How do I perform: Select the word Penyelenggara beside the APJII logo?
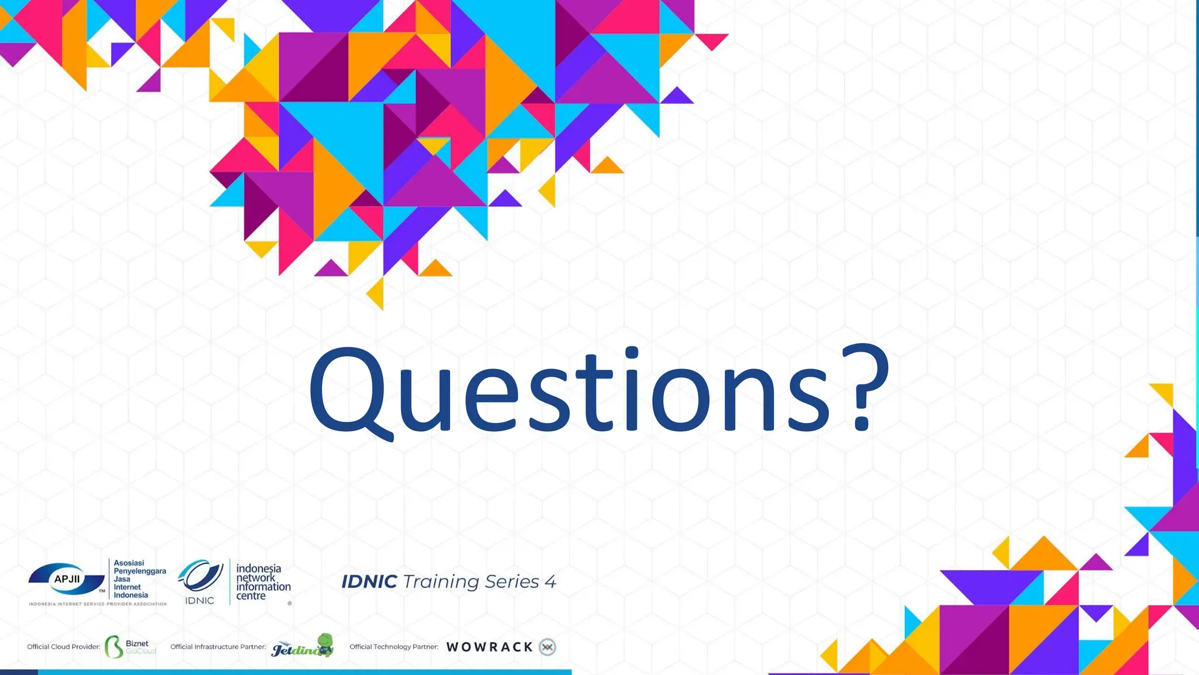[140, 571]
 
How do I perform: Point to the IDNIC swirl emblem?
[200, 575]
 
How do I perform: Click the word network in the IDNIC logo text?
[256, 578]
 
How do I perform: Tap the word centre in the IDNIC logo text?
[251, 596]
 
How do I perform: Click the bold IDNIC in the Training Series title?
[369, 581]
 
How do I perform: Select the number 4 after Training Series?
[550, 581]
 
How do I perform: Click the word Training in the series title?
[441, 581]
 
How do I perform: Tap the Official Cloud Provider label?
[63, 647]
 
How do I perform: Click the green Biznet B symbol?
[113, 647]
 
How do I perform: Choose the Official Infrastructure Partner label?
[218, 647]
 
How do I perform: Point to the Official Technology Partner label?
[394, 647]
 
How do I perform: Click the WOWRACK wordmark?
[489, 647]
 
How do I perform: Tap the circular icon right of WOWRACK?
[547, 647]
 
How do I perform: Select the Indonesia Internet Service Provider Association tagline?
[98, 604]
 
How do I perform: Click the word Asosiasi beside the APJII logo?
[129, 563]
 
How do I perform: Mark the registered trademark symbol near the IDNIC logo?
[290, 603]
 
